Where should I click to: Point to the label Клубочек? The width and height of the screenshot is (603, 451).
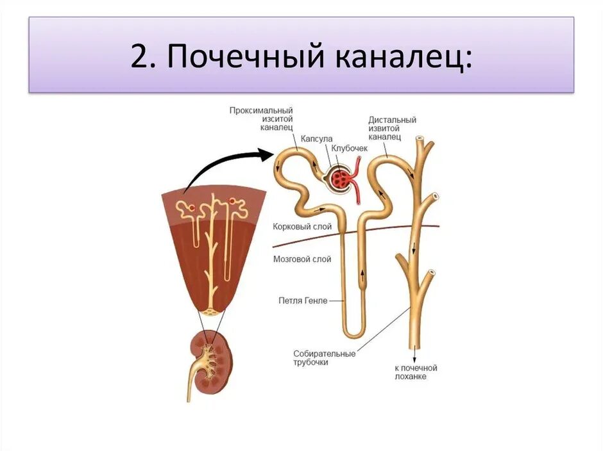pos(350,148)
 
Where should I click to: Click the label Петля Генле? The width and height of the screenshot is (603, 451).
pos(303,300)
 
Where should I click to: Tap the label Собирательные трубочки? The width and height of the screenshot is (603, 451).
pos(315,357)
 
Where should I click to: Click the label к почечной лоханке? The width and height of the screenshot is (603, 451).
pos(416,372)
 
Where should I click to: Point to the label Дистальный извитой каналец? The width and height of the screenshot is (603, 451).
pos(392,128)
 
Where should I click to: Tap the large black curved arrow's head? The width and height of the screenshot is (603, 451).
pos(266,154)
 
